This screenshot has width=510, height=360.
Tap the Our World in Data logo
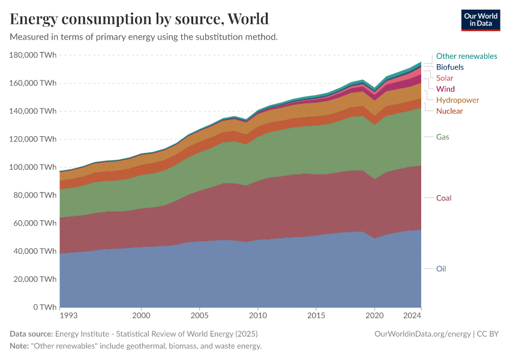tap(480, 20)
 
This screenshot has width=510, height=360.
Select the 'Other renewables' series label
tap(466, 56)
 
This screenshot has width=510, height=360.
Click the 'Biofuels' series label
tap(449, 67)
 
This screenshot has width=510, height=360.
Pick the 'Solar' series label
tap(445, 78)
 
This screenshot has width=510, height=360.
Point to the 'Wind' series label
tap(445, 89)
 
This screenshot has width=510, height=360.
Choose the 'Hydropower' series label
tap(457, 100)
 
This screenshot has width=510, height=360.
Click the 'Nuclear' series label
tap(449, 111)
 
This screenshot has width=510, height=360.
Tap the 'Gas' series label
tap(442, 137)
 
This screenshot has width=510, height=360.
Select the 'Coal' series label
tap(443, 198)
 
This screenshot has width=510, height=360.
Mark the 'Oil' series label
tap(441, 269)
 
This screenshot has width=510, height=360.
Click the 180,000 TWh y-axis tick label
tap(34, 55)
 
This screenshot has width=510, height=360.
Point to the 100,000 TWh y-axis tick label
tap(34, 167)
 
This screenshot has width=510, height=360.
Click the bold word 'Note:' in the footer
tap(20, 346)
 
